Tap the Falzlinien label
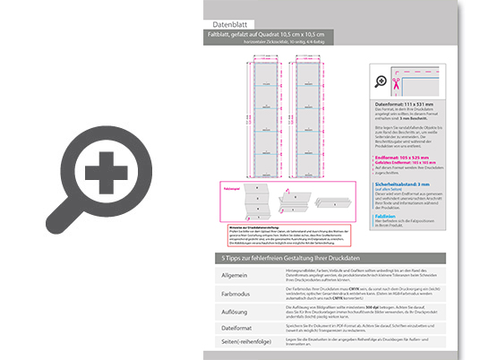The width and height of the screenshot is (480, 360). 387,215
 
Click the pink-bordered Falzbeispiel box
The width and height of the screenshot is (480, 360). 247,203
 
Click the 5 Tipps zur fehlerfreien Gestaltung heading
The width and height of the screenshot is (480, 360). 296,259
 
